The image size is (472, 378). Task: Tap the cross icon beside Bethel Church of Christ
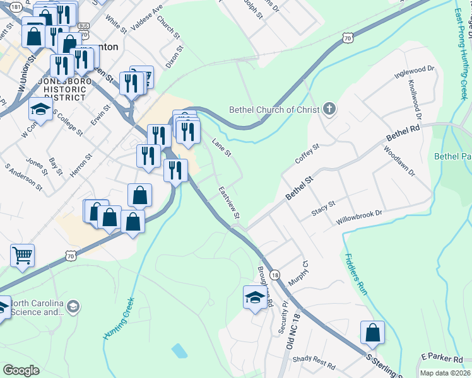(328, 110)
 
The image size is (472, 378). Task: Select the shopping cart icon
(22, 255)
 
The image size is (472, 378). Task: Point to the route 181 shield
(16, 6)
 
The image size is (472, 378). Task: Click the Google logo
(20, 370)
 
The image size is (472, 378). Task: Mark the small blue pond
(179, 350)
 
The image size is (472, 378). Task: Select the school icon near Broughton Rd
(254, 297)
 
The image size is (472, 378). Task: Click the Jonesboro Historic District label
(61, 89)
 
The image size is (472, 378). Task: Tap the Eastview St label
(229, 202)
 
